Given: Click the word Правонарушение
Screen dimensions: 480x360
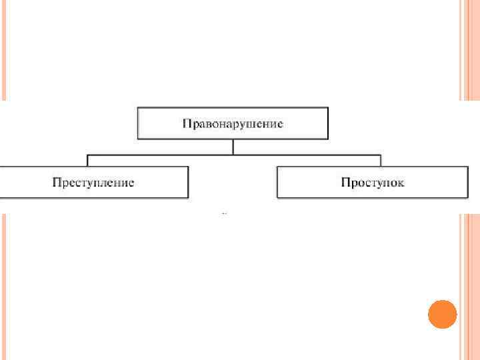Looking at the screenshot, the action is [233, 123].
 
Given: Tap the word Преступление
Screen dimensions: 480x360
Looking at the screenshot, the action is [93, 183].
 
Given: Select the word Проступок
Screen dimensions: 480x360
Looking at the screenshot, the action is [372, 183].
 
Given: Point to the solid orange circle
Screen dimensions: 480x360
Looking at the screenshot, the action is [441, 314].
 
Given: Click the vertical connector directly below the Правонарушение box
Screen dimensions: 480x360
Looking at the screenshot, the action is [233, 147].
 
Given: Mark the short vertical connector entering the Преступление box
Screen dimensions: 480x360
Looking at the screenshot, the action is [87, 161].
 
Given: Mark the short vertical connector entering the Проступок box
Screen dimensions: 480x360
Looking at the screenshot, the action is [380, 161].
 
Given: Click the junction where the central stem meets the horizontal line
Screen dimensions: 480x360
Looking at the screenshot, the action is [233, 155].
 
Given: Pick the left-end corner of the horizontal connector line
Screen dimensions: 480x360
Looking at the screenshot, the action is [87, 155].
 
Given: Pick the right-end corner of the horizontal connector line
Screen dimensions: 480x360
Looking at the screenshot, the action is [380, 155].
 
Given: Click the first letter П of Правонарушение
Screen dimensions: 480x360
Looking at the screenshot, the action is [187, 123].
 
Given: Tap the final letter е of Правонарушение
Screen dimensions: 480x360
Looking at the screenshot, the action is [281, 124].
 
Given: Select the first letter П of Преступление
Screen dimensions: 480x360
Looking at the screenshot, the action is [57, 183].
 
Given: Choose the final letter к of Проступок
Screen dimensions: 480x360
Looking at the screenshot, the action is [401, 183].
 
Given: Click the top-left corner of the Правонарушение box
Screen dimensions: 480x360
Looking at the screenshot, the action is [138, 107].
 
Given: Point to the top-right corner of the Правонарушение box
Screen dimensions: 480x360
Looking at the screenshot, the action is [328, 107].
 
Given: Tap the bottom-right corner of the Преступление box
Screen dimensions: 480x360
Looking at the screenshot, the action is [188, 197].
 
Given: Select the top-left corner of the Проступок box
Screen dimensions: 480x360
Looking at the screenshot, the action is [277, 167].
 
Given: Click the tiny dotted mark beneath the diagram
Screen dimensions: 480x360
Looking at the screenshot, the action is [225, 214].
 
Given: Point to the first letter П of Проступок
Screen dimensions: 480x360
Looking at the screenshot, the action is [345, 183].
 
